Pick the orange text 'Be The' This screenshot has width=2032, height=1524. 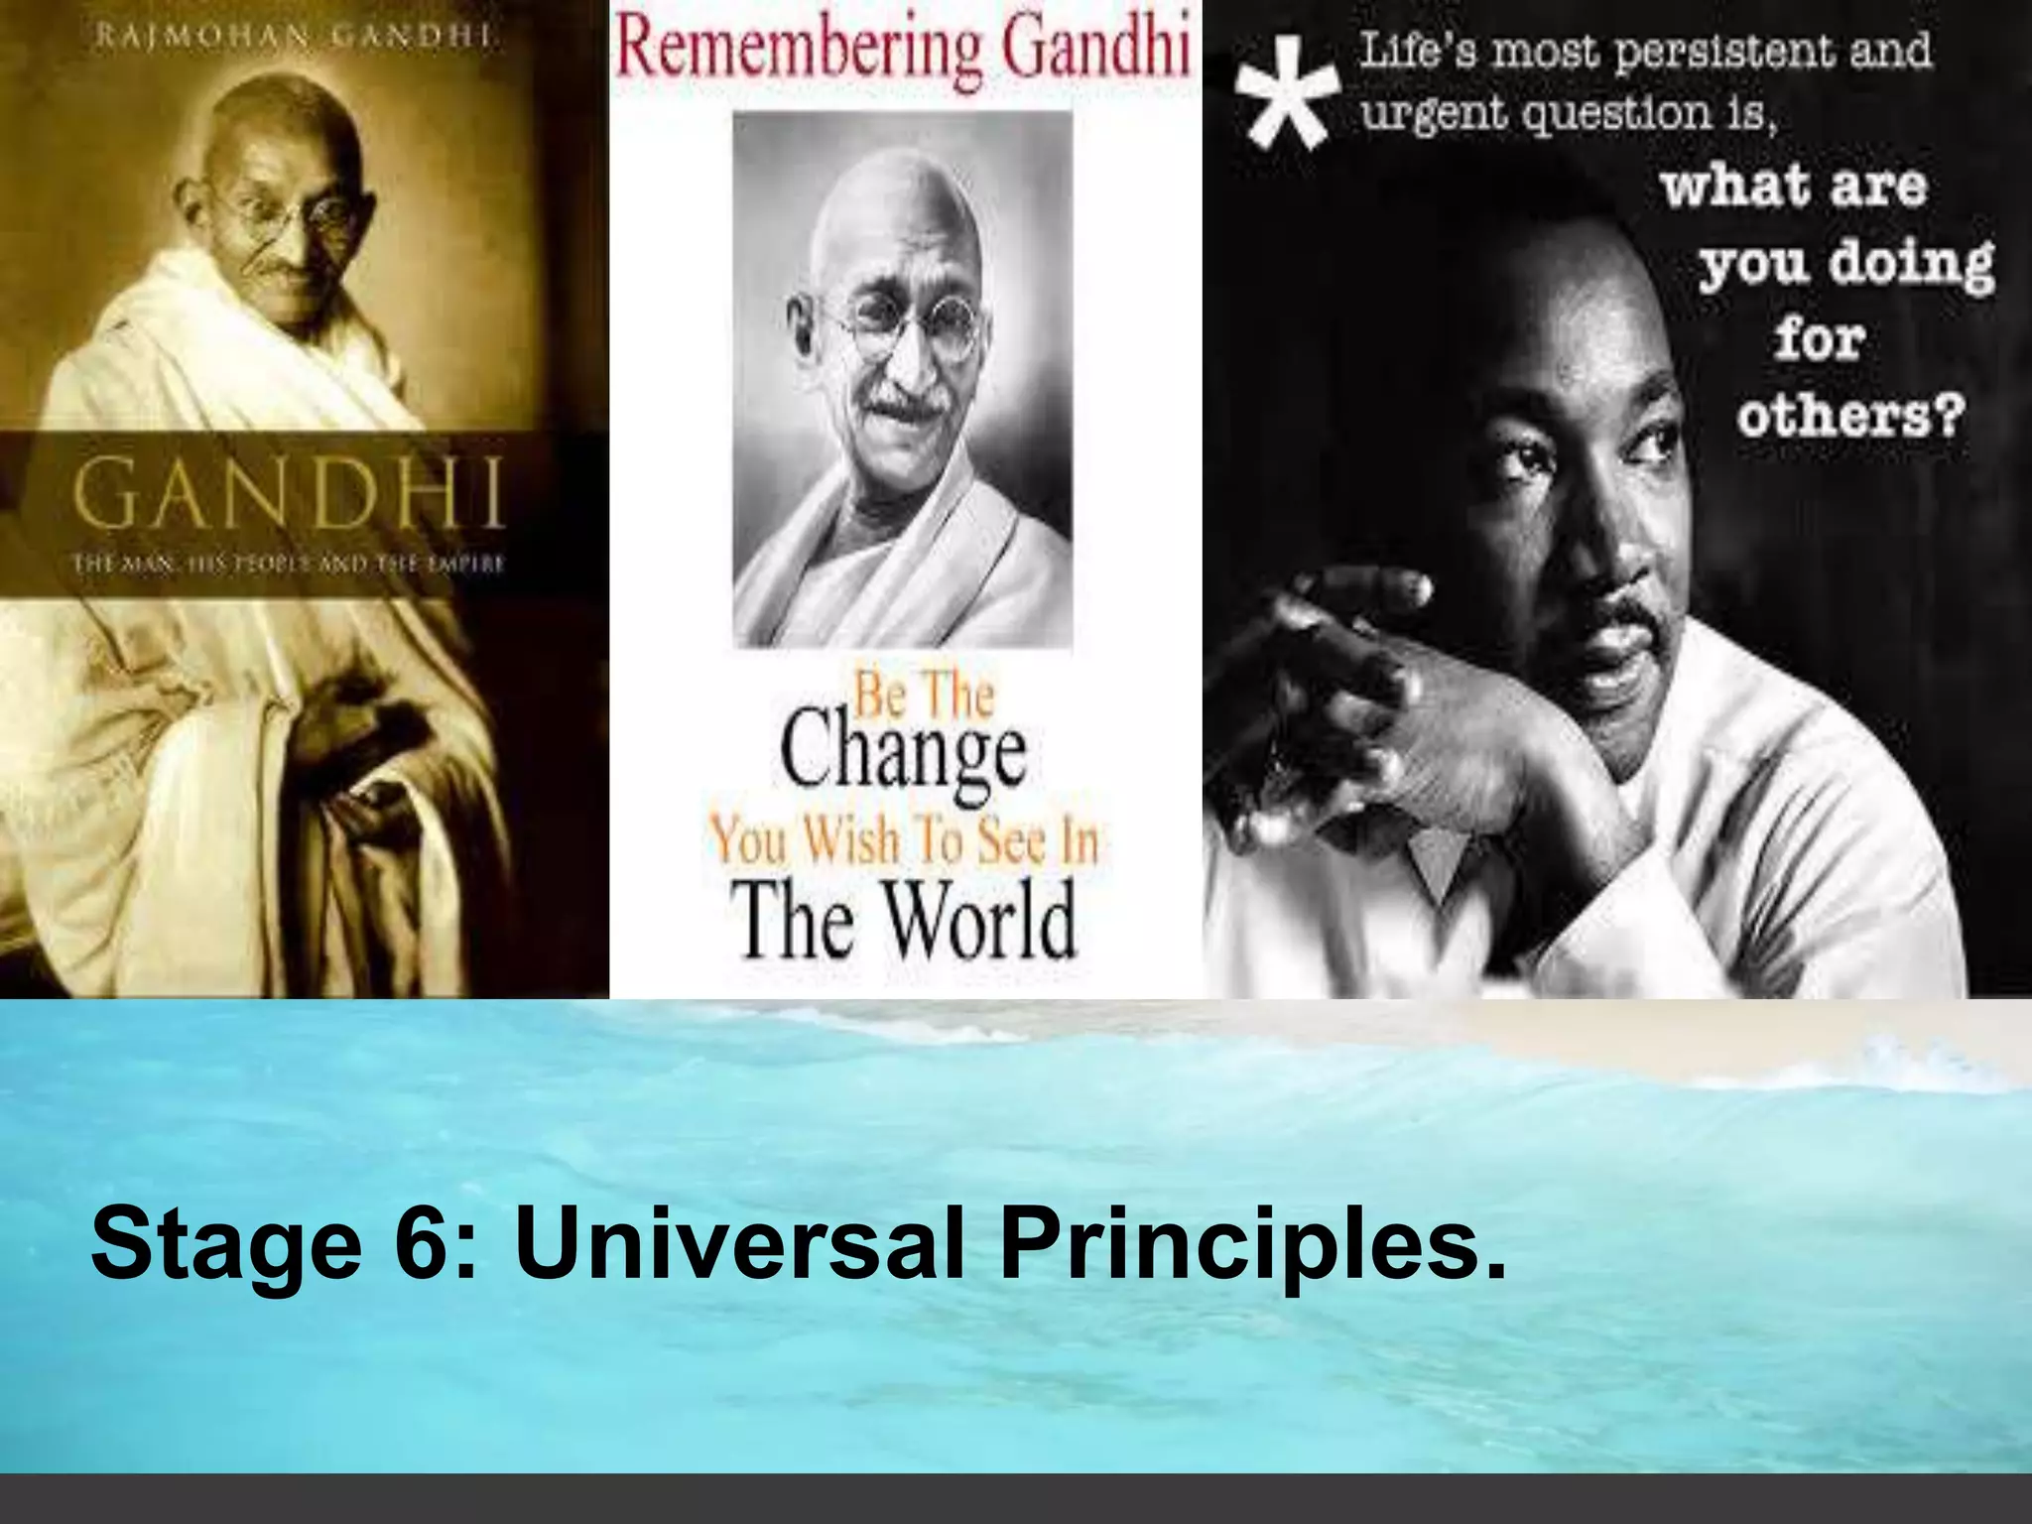click(923, 696)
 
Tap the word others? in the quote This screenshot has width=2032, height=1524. click(1849, 418)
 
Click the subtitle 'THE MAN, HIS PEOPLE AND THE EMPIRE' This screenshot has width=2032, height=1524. click(289, 567)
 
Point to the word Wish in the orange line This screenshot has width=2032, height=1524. click(852, 841)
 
